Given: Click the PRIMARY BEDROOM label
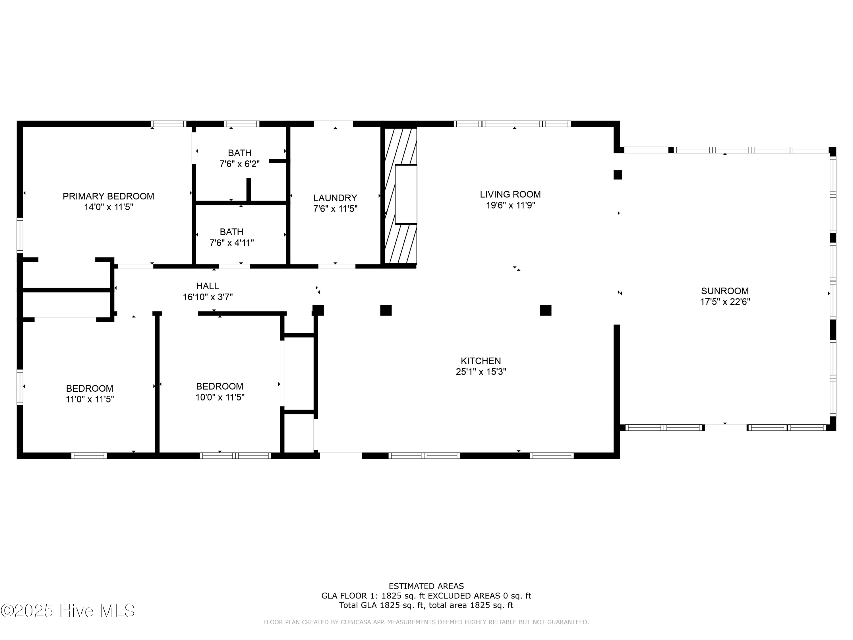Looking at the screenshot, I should click(x=108, y=196).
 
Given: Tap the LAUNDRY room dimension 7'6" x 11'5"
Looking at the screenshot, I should click(x=335, y=209).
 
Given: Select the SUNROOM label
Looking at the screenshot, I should click(x=724, y=291).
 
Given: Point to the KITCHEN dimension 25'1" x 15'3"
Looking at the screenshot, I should click(x=481, y=372).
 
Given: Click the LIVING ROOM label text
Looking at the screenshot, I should click(x=510, y=195).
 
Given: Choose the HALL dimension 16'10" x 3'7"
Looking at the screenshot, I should click(x=208, y=297).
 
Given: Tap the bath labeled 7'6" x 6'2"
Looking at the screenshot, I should click(x=239, y=158).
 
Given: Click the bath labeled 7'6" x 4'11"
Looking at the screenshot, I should click(x=231, y=237).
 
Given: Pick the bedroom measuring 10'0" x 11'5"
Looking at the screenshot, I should click(x=220, y=392).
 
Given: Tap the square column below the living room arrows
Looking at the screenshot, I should click(x=545, y=310).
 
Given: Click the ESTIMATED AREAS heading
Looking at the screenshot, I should click(x=426, y=586).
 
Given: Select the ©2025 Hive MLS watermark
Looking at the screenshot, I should click(x=68, y=611).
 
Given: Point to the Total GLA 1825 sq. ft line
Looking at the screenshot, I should click(x=426, y=605).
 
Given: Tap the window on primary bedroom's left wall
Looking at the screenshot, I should click(x=20, y=235).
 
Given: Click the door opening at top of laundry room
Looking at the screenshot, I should click(x=333, y=124).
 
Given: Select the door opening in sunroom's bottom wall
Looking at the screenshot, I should click(x=725, y=428).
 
